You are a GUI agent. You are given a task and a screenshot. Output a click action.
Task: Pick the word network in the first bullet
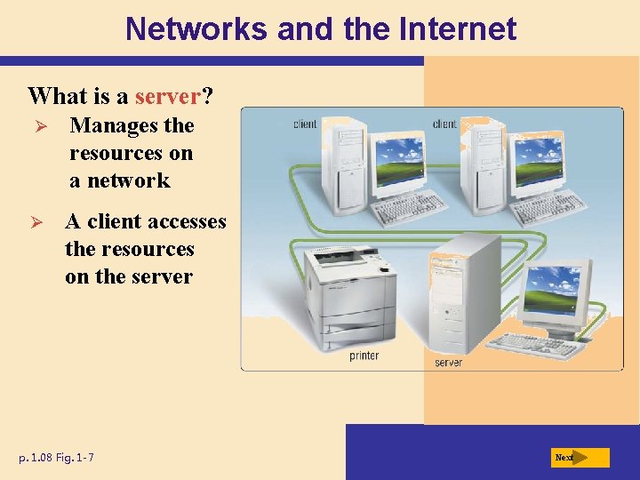131,180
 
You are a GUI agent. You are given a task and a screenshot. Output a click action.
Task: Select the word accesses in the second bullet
185,221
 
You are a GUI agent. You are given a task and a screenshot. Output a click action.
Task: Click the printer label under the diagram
364,356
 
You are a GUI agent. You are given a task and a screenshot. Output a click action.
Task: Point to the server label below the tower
448,363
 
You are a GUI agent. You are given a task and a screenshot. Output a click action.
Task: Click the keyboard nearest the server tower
538,343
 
